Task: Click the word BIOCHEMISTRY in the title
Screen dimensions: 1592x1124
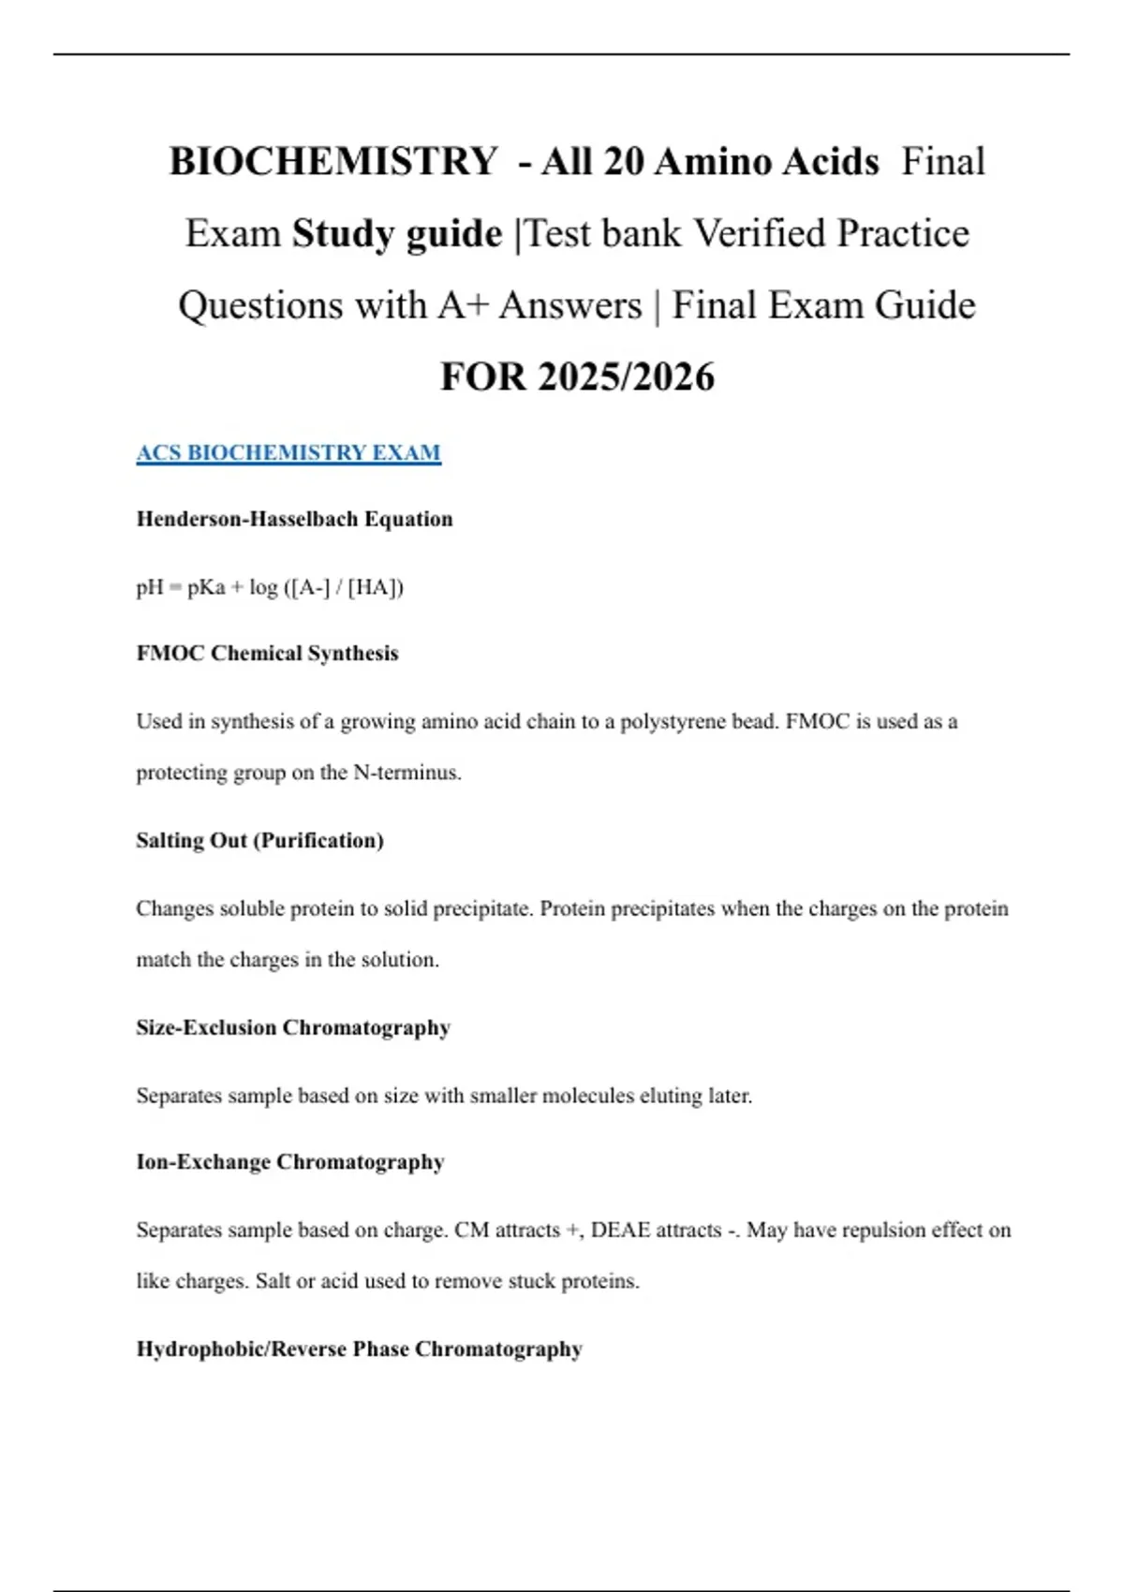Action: click(333, 161)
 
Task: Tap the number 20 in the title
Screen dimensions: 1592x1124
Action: click(623, 161)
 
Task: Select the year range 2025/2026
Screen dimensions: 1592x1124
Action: click(626, 376)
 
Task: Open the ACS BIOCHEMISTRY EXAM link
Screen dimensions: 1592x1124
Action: click(288, 452)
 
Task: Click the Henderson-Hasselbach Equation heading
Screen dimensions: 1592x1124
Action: click(294, 519)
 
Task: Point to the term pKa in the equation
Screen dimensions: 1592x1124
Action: click(206, 587)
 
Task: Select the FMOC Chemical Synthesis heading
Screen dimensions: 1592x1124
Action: click(267, 653)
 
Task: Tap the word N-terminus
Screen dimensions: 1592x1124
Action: click(407, 773)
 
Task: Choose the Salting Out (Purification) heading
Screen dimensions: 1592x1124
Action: click(259, 840)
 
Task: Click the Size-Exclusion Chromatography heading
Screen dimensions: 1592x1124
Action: click(293, 1027)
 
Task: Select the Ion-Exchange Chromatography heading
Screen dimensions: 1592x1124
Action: click(290, 1161)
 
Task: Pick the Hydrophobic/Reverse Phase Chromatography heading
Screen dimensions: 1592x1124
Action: click(359, 1349)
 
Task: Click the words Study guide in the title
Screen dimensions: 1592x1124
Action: click(396, 233)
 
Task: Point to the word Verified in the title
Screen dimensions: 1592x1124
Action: click(759, 233)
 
